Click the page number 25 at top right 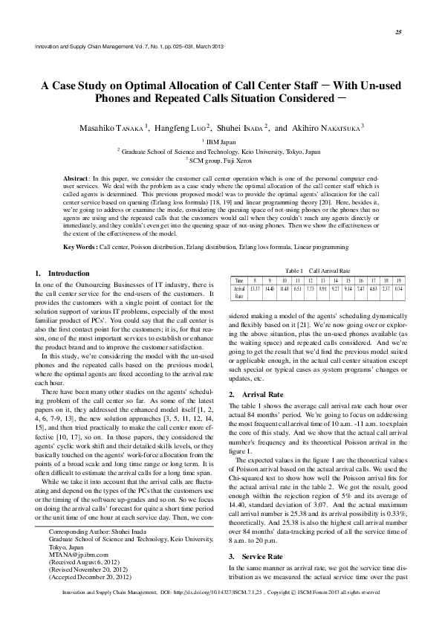pos(398,32)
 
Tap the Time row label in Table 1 pos(239,280)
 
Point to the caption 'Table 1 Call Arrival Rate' pos(319,271)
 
